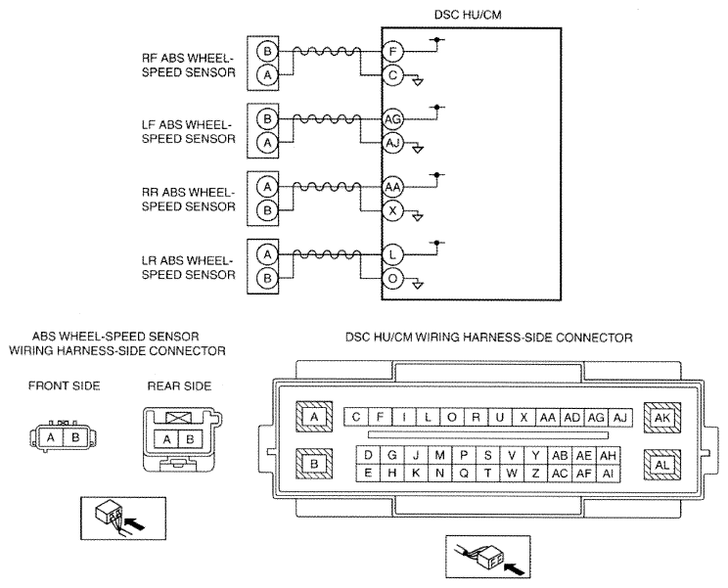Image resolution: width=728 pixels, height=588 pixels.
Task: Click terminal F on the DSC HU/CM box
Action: point(392,51)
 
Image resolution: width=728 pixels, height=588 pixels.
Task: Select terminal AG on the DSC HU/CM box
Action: point(392,119)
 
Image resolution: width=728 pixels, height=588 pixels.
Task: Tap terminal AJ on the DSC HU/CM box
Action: point(392,143)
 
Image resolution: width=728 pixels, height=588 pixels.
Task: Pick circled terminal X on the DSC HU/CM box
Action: point(392,210)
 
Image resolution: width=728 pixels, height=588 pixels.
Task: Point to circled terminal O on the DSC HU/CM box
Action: point(392,279)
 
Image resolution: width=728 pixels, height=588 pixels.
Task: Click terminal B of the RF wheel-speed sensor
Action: point(267,51)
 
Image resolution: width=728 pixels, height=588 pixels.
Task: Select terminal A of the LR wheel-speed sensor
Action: point(267,254)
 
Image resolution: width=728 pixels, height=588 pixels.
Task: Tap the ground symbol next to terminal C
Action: point(418,81)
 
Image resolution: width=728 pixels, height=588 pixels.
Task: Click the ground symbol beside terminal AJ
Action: point(418,150)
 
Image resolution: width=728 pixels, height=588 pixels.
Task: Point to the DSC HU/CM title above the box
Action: point(468,15)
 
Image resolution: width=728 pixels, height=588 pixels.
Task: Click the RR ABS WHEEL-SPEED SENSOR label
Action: point(189,200)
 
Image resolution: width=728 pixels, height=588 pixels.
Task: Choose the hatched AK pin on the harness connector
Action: point(662,417)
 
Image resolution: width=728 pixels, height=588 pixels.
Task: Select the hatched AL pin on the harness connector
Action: point(662,465)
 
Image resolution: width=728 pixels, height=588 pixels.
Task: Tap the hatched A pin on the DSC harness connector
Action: point(314,417)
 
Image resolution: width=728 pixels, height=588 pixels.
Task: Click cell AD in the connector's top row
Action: point(572,417)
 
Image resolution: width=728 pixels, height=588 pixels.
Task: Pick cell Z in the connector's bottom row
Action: point(536,473)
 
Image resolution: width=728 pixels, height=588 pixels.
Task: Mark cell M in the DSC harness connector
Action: point(439,455)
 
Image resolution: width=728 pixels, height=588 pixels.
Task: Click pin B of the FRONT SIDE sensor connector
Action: point(75,437)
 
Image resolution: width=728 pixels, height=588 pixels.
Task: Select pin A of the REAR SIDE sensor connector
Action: point(166,439)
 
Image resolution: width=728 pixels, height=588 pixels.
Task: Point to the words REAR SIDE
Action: point(179,386)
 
